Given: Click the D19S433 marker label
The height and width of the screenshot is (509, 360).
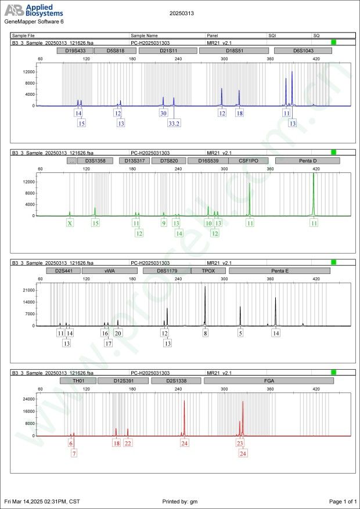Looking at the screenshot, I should (75, 51).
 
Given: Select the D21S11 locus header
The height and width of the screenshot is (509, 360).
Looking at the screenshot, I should (168, 51).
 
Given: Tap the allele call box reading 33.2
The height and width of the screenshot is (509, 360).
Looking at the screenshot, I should (174, 124).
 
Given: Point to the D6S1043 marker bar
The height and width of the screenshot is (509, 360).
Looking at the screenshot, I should (303, 51).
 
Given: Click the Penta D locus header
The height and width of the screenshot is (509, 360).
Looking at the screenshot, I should (307, 161).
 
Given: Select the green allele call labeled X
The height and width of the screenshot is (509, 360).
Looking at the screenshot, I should (70, 223).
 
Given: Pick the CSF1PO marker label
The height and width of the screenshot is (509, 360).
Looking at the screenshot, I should (248, 161).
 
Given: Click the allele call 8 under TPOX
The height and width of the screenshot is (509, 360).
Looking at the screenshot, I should (205, 333).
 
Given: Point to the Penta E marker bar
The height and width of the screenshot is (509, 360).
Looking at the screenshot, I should (280, 271).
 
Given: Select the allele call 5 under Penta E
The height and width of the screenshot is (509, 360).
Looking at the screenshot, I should (240, 333).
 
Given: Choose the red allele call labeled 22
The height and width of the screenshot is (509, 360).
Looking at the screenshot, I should (128, 443).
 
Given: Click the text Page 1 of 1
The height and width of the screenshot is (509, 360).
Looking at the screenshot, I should (342, 501).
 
